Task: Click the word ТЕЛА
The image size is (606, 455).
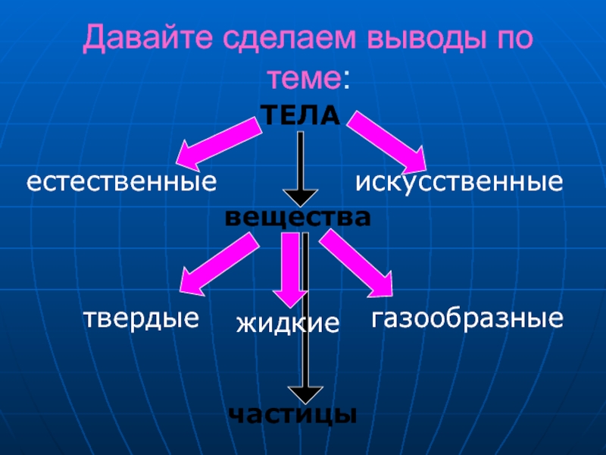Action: [300, 116]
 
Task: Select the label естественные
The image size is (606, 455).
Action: [122, 182]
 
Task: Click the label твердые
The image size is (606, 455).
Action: [141, 318]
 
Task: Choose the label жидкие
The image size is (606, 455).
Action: [288, 324]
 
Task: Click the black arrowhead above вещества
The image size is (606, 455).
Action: [301, 196]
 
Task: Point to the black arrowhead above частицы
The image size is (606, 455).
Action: [306, 394]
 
